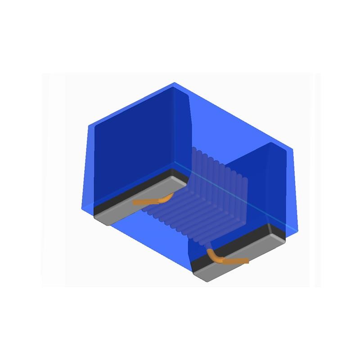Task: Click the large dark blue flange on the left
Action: pyautogui.click(x=133, y=139)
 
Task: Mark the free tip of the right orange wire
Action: pyautogui.click(x=247, y=261)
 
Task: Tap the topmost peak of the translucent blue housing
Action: pyautogui.click(x=174, y=83)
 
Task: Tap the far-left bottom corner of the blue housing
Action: pyautogui.click(x=81, y=208)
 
